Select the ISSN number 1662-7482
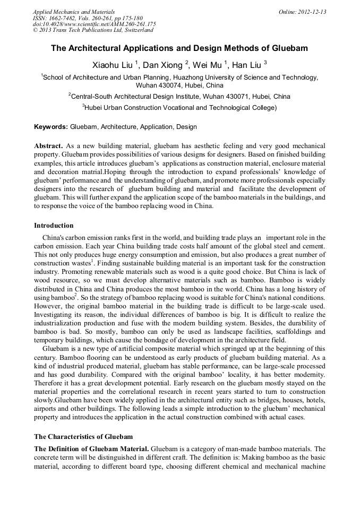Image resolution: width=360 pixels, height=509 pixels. coord(66,18)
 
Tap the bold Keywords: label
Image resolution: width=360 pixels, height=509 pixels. coord(51,127)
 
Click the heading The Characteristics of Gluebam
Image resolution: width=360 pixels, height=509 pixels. coord(83,437)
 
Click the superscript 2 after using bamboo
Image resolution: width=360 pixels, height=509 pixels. coord(76,295)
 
